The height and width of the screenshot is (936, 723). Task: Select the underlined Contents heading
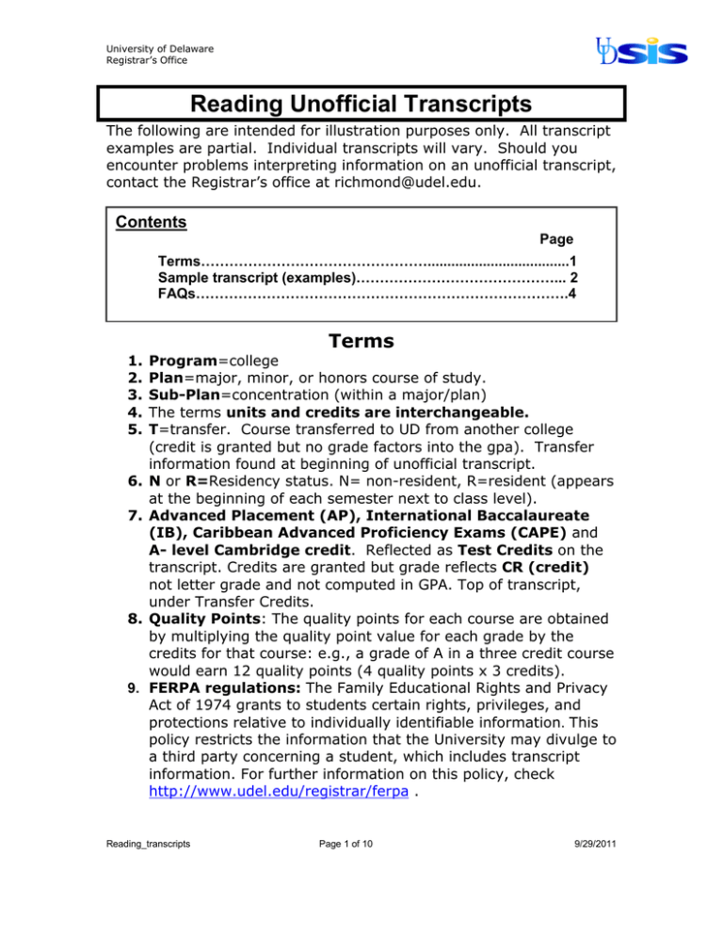pos(150,224)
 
